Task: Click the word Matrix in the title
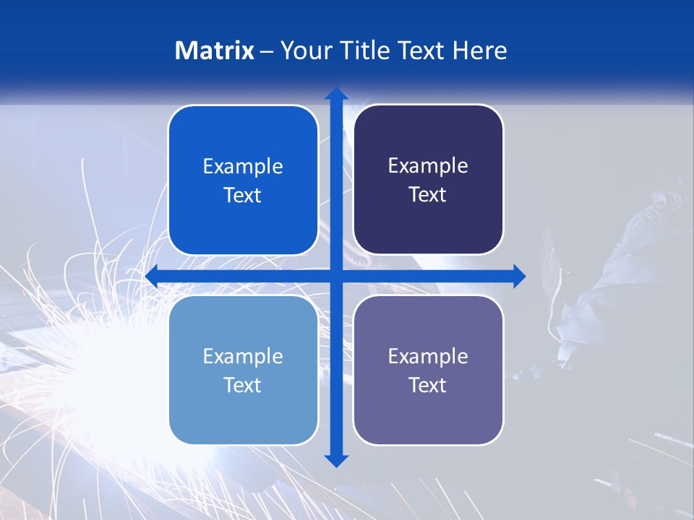click(x=214, y=51)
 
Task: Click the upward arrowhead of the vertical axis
click(x=336, y=94)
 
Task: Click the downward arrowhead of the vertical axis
click(x=336, y=460)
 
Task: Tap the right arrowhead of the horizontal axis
click(x=518, y=276)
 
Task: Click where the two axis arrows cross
click(x=336, y=276)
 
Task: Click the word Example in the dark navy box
click(x=428, y=166)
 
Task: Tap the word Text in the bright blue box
click(x=242, y=196)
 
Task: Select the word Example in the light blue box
click(x=243, y=356)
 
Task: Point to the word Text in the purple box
click(x=427, y=386)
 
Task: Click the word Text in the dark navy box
click(x=427, y=195)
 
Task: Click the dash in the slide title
click(x=267, y=51)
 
